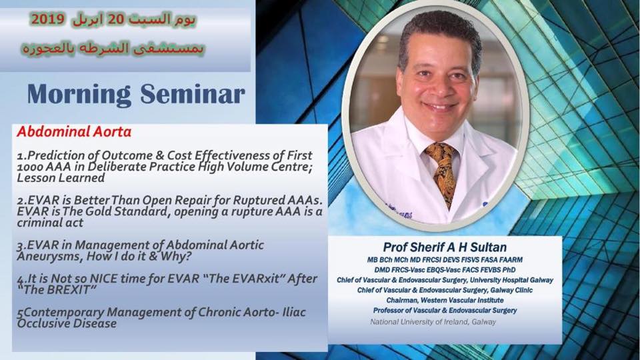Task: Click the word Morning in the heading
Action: [79, 95]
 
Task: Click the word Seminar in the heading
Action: [193, 94]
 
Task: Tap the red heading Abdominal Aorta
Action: [74, 132]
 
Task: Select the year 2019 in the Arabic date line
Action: [47, 19]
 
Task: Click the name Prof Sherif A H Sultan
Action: [445, 247]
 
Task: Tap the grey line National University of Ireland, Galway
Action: [433, 322]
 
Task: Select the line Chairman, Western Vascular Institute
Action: [445, 301]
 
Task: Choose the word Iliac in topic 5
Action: [294, 312]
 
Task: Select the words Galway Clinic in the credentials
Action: [511, 290]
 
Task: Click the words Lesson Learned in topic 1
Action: [61, 178]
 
